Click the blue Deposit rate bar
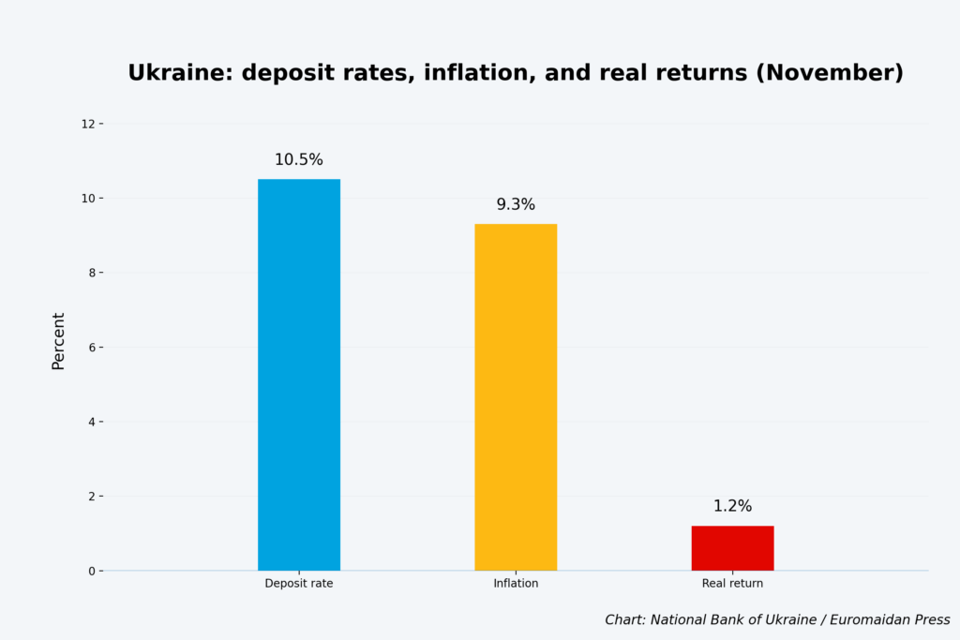(x=298, y=375)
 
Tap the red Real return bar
(x=732, y=548)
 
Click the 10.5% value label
(x=298, y=160)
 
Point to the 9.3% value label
(x=516, y=205)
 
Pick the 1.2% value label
(x=732, y=506)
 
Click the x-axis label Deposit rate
(x=298, y=584)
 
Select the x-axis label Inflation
(x=516, y=584)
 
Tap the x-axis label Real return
(x=732, y=584)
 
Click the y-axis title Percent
(x=58, y=341)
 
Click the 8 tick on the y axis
(x=90, y=273)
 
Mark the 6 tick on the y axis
(x=90, y=348)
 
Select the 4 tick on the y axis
(x=90, y=422)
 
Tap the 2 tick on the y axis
(x=90, y=497)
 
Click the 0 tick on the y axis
(x=90, y=571)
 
